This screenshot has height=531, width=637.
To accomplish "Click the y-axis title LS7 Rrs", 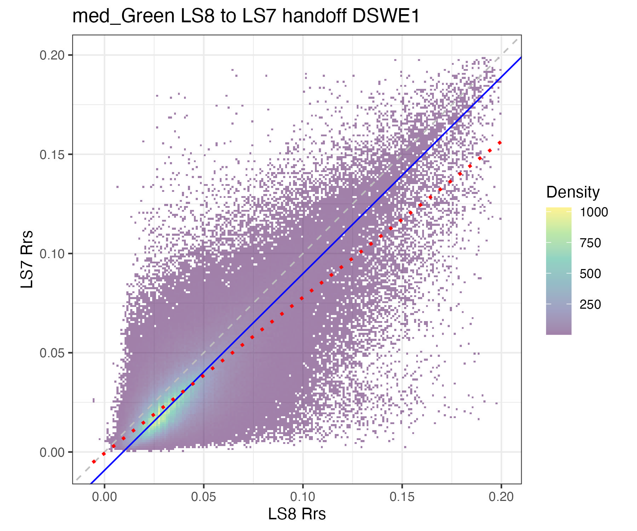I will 27,259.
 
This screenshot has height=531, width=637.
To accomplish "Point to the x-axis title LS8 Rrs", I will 297,514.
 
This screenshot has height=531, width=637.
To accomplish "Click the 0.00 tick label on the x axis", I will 104,497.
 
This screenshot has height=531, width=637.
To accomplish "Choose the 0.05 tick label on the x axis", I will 203,497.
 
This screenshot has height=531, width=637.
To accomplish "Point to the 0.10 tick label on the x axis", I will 303,497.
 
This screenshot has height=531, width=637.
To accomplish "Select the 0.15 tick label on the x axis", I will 402,497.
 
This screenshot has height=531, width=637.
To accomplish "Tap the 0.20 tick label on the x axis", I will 501,497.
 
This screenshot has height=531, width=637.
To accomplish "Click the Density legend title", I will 573,192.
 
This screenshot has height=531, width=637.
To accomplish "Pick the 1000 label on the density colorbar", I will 593,212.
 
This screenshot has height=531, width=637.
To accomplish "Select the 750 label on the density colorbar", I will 590,243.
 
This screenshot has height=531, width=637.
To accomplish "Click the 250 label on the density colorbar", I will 590,304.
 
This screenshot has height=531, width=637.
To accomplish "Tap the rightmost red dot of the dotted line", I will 500,143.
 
